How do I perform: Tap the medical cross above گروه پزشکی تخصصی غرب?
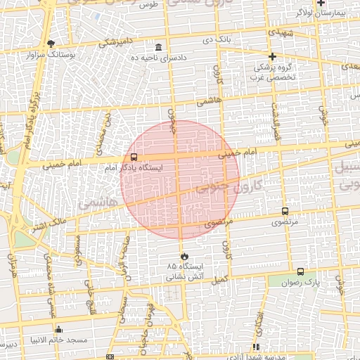[x=272, y=56]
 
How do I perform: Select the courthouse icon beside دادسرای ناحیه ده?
[x=157, y=47]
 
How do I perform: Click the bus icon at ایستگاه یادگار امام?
[x=134, y=158]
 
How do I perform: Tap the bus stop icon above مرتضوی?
[x=285, y=211]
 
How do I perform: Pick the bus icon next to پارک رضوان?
[x=300, y=271]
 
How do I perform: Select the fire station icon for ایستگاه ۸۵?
[x=184, y=257]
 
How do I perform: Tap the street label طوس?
[x=149, y=5]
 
